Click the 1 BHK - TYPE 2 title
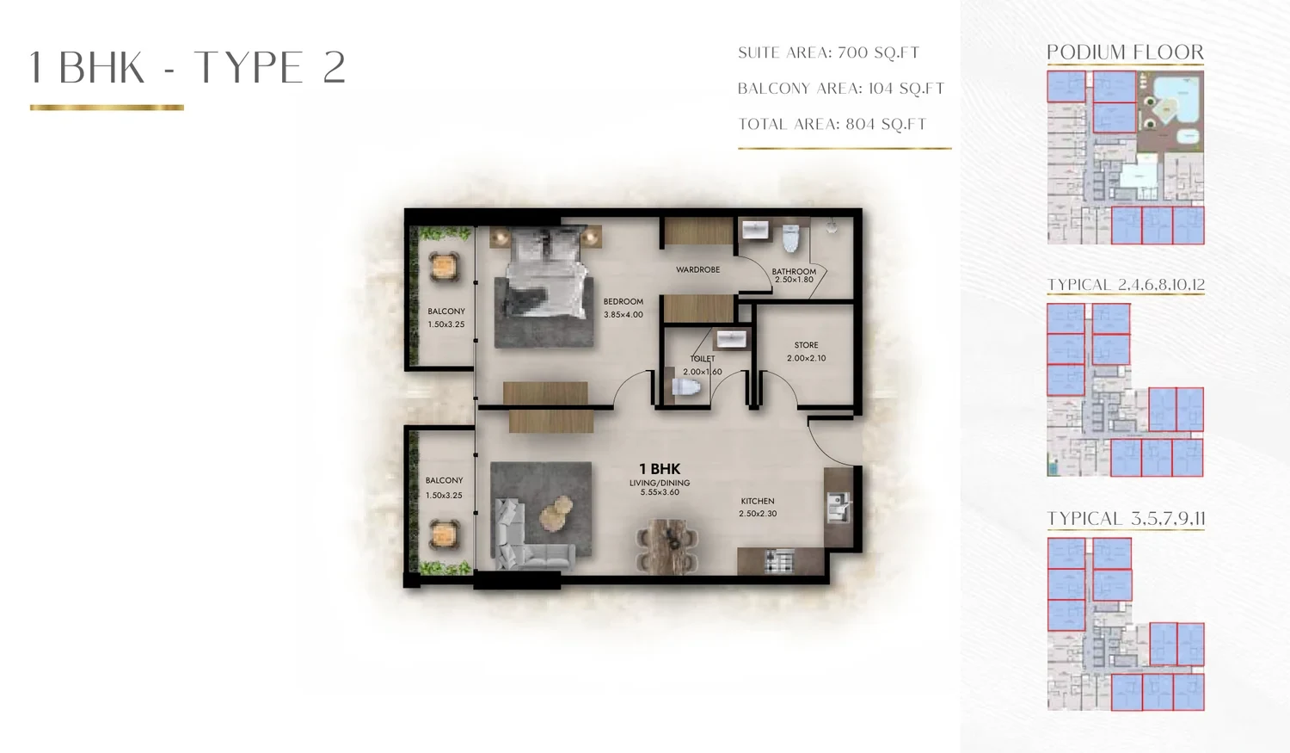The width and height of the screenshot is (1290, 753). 187,67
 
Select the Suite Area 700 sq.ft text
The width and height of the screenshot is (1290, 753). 829,52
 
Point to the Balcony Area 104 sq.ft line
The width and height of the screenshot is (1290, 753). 841,88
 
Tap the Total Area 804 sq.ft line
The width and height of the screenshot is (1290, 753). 832,124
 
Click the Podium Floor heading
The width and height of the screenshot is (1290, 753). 1125,52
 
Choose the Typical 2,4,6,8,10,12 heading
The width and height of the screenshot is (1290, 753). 1126,285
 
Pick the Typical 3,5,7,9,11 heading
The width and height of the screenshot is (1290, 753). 1126,519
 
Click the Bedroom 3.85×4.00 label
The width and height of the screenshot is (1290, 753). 623,307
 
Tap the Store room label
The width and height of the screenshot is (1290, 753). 807,351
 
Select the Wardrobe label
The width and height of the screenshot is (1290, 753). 698,269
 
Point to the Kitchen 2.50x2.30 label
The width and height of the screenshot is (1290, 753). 758,507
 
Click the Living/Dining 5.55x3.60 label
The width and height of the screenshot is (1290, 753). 660,487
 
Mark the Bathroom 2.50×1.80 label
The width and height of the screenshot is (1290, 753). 794,275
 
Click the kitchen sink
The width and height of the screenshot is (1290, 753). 838,507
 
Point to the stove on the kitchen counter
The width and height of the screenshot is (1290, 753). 779,561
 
